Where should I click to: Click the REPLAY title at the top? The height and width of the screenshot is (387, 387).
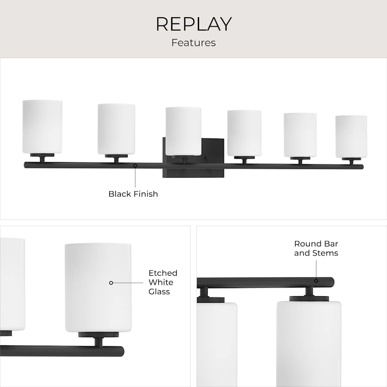[194, 24]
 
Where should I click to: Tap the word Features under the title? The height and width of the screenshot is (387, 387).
[193, 43]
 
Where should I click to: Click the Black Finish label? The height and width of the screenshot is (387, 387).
[133, 194]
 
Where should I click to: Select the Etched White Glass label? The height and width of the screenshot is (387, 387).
[163, 282]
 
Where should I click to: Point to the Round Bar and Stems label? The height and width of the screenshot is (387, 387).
[316, 248]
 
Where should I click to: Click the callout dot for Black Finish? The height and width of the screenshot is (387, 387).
[135, 166]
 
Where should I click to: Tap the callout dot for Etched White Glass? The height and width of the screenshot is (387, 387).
[111, 283]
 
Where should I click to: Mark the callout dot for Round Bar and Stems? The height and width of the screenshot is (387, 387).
[316, 281]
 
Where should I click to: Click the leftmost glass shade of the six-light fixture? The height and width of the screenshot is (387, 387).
[42, 127]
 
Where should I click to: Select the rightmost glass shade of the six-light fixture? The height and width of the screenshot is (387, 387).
[351, 137]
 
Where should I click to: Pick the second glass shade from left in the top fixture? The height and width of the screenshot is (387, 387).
[116, 129]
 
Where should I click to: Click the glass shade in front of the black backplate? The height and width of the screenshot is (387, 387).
[183, 131]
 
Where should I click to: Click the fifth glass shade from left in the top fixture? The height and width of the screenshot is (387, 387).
[300, 135]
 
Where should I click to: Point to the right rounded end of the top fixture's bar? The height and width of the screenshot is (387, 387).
[362, 167]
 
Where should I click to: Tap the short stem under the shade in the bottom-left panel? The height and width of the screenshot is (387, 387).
[98, 342]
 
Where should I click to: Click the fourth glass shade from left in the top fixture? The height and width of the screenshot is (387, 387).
[244, 133]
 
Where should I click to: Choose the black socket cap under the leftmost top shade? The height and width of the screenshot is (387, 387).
[42, 155]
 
